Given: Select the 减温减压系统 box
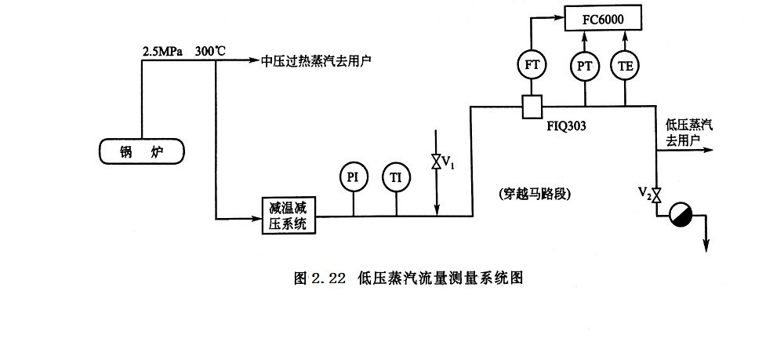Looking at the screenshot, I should pyautogui.click(x=287, y=216).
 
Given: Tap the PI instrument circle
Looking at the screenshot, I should pyautogui.click(x=354, y=176).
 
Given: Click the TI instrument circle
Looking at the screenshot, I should pyautogui.click(x=397, y=176).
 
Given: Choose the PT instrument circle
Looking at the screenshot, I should pyautogui.click(x=584, y=66).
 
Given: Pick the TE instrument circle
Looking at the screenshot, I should pyautogui.click(x=626, y=66).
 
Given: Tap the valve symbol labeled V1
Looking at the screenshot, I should pyautogui.click(x=436, y=162).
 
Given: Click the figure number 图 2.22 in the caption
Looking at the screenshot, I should pyautogui.click(x=319, y=278).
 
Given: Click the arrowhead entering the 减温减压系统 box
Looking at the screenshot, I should pyautogui.click(x=256, y=216).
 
